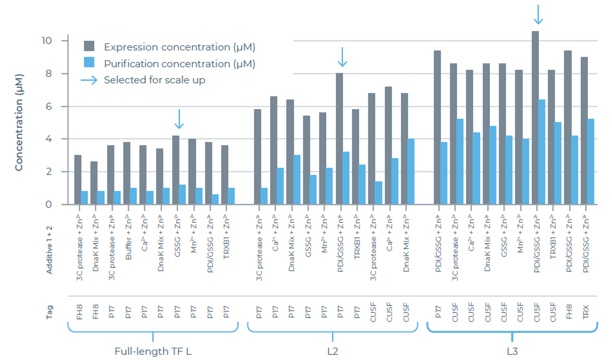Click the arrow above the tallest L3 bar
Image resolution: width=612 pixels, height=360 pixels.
538,14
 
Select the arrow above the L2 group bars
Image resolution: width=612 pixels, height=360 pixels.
342,57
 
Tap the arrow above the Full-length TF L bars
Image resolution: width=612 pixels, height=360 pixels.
179,119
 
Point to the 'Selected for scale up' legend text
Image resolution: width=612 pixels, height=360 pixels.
154,80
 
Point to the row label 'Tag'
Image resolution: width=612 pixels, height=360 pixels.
49,309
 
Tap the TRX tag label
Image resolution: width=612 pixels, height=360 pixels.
586,309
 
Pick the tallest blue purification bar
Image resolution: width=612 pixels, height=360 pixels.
542,152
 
